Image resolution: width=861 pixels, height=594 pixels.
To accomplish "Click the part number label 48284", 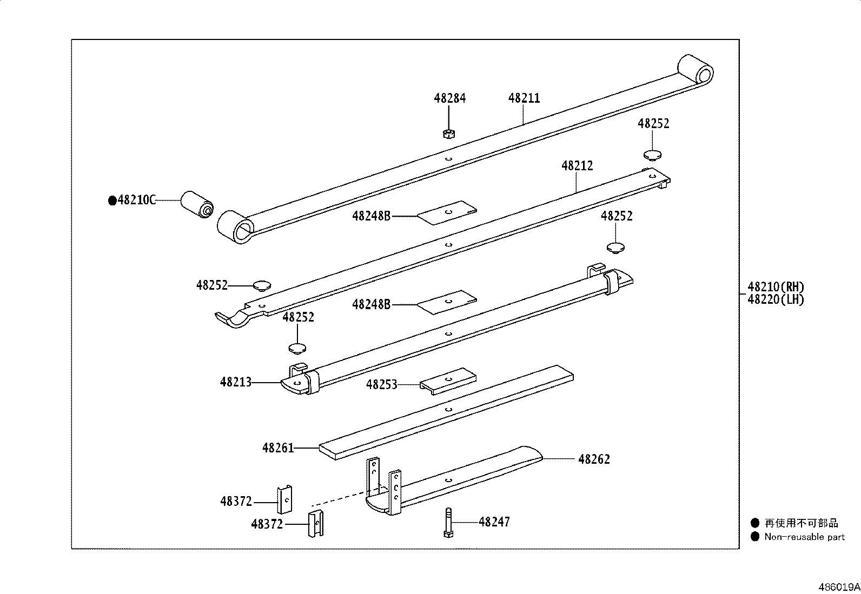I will [449, 98].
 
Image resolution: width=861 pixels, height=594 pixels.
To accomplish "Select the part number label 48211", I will [524, 98].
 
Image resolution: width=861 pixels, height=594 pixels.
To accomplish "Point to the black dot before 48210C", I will [112, 201].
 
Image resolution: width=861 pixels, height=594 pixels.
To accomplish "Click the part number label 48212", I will [577, 166].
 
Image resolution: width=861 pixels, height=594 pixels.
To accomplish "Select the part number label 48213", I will [236, 382].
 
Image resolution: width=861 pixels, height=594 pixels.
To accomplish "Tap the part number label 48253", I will [382, 384].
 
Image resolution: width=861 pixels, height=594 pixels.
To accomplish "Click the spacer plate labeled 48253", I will [449, 381].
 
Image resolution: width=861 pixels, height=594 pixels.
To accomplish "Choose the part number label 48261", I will [278, 448].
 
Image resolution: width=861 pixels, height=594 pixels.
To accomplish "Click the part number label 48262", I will [594, 459].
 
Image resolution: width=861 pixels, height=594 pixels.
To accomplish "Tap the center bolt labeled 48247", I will [448, 523].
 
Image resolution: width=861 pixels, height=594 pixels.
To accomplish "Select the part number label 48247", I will [494, 522].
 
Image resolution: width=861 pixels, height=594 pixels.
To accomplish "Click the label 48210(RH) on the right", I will [776, 287].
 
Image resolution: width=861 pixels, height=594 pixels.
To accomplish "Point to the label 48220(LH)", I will [776, 299].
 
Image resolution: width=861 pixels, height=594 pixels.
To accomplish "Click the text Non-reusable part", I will [804, 537].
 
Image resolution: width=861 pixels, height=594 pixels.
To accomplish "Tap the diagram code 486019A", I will [839, 586].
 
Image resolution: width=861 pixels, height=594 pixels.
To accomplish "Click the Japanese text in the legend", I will [801, 523].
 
